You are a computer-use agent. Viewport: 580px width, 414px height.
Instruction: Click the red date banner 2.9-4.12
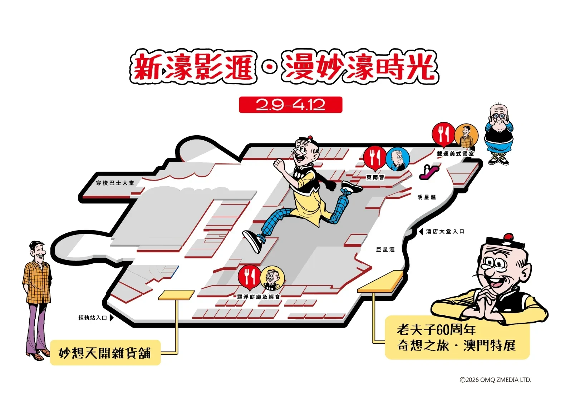point(290,105)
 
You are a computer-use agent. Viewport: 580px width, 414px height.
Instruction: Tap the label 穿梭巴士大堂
point(115,183)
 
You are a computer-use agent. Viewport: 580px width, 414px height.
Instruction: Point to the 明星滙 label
point(427,197)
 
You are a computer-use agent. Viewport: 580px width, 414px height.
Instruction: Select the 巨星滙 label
point(385,249)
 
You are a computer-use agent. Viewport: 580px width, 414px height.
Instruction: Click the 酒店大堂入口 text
point(445,232)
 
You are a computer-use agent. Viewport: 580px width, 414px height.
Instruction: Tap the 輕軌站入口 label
point(93,318)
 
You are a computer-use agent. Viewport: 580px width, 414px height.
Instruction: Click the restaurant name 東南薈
point(375,177)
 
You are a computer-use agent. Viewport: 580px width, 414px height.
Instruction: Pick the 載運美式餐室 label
point(456,153)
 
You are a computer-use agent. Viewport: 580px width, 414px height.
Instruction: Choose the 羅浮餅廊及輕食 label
point(259,297)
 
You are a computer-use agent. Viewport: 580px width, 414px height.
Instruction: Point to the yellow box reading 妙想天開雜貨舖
point(105,353)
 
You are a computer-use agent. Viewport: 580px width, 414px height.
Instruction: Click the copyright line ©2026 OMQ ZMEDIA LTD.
point(495,380)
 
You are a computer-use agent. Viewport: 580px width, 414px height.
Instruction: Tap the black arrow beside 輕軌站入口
point(112,318)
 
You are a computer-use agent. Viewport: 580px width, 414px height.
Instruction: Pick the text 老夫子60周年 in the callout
point(436,330)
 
